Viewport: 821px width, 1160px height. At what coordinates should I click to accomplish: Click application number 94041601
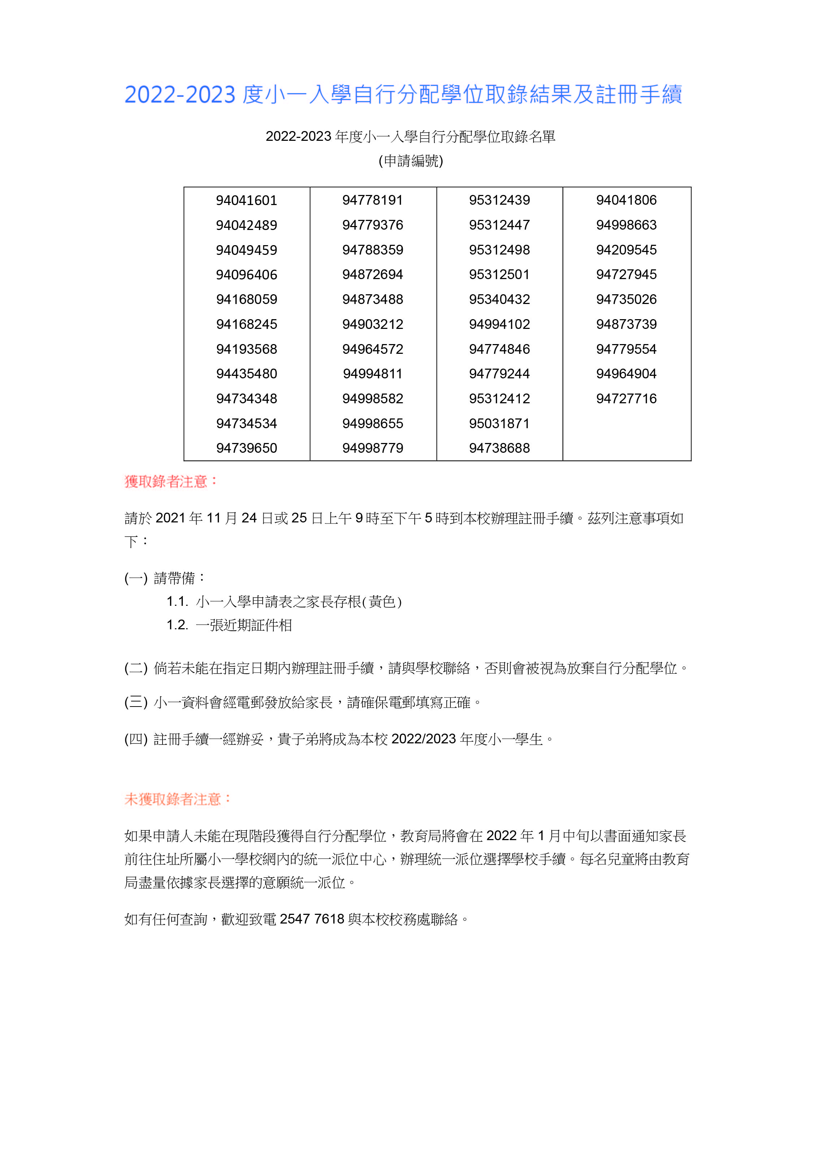coord(246,201)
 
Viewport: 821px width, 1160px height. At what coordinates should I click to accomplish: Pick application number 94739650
coord(246,448)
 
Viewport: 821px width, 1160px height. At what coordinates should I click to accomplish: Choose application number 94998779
coord(373,448)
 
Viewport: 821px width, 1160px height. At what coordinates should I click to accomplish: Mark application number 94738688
coord(500,448)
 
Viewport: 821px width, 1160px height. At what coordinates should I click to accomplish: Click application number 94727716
coord(626,399)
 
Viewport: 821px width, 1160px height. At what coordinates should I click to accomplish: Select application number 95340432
coord(500,300)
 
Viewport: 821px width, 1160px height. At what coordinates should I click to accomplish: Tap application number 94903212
coord(373,324)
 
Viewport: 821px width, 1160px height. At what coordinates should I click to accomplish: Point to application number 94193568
coord(246,349)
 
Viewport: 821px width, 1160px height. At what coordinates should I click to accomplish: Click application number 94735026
coord(626,300)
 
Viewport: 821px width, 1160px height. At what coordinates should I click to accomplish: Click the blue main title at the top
coord(403,95)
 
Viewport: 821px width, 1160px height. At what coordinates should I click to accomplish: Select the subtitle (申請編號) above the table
coord(410,161)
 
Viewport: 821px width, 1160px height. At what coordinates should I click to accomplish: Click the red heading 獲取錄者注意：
coord(171,482)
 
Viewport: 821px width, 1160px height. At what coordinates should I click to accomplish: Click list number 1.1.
coord(177,602)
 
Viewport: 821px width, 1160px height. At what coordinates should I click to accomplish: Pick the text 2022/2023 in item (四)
coord(424,739)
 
